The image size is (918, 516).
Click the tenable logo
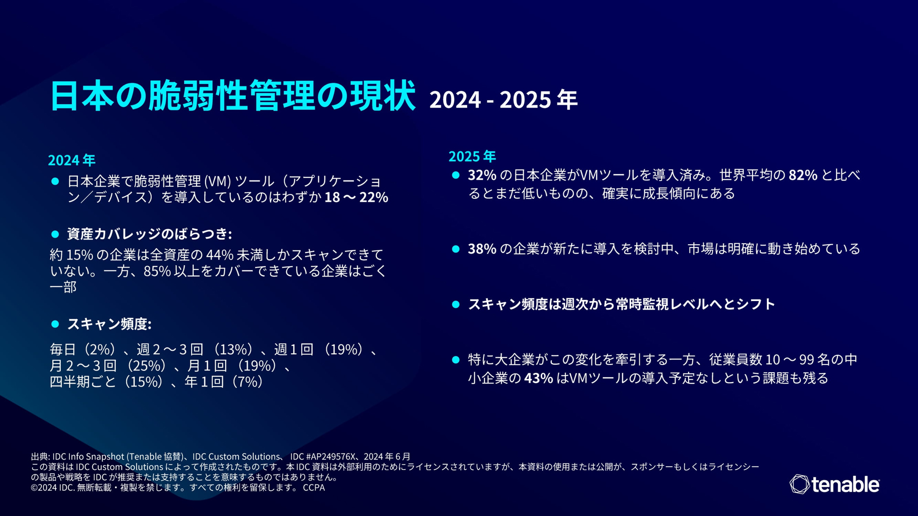834,484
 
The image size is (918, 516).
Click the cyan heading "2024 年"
72,160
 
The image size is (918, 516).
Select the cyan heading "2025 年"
472,156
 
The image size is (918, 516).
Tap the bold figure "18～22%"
356,197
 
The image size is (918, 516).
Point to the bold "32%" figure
482,175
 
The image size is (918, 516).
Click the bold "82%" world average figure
803,175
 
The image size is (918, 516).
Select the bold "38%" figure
482,249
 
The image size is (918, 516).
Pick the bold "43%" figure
538,378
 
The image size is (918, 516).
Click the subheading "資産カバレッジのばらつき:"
150,234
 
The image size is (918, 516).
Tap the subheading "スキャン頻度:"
109,324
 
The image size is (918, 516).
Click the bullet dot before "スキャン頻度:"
55,324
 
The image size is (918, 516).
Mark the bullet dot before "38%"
456,249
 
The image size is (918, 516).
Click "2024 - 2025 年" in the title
503,100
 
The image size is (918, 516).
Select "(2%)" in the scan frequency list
99,349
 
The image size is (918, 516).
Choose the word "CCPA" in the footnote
314,488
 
